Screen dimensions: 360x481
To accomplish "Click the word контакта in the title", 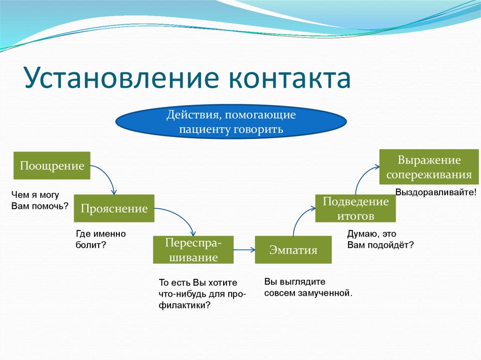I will click(x=290, y=78).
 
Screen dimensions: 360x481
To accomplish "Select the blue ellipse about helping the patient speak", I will click(x=231, y=122).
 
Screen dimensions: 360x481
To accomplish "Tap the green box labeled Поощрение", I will click(x=52, y=166).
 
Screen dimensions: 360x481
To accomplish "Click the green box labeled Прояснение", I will click(x=114, y=208).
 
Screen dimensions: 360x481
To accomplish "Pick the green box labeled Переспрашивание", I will click(x=193, y=250).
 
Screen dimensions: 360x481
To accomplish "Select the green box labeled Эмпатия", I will click(x=293, y=250).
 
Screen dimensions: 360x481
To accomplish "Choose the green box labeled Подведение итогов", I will click(x=355, y=208).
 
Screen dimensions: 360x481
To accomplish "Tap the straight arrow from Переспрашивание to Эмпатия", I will click(x=244, y=250).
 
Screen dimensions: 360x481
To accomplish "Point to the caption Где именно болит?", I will click(x=101, y=239).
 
